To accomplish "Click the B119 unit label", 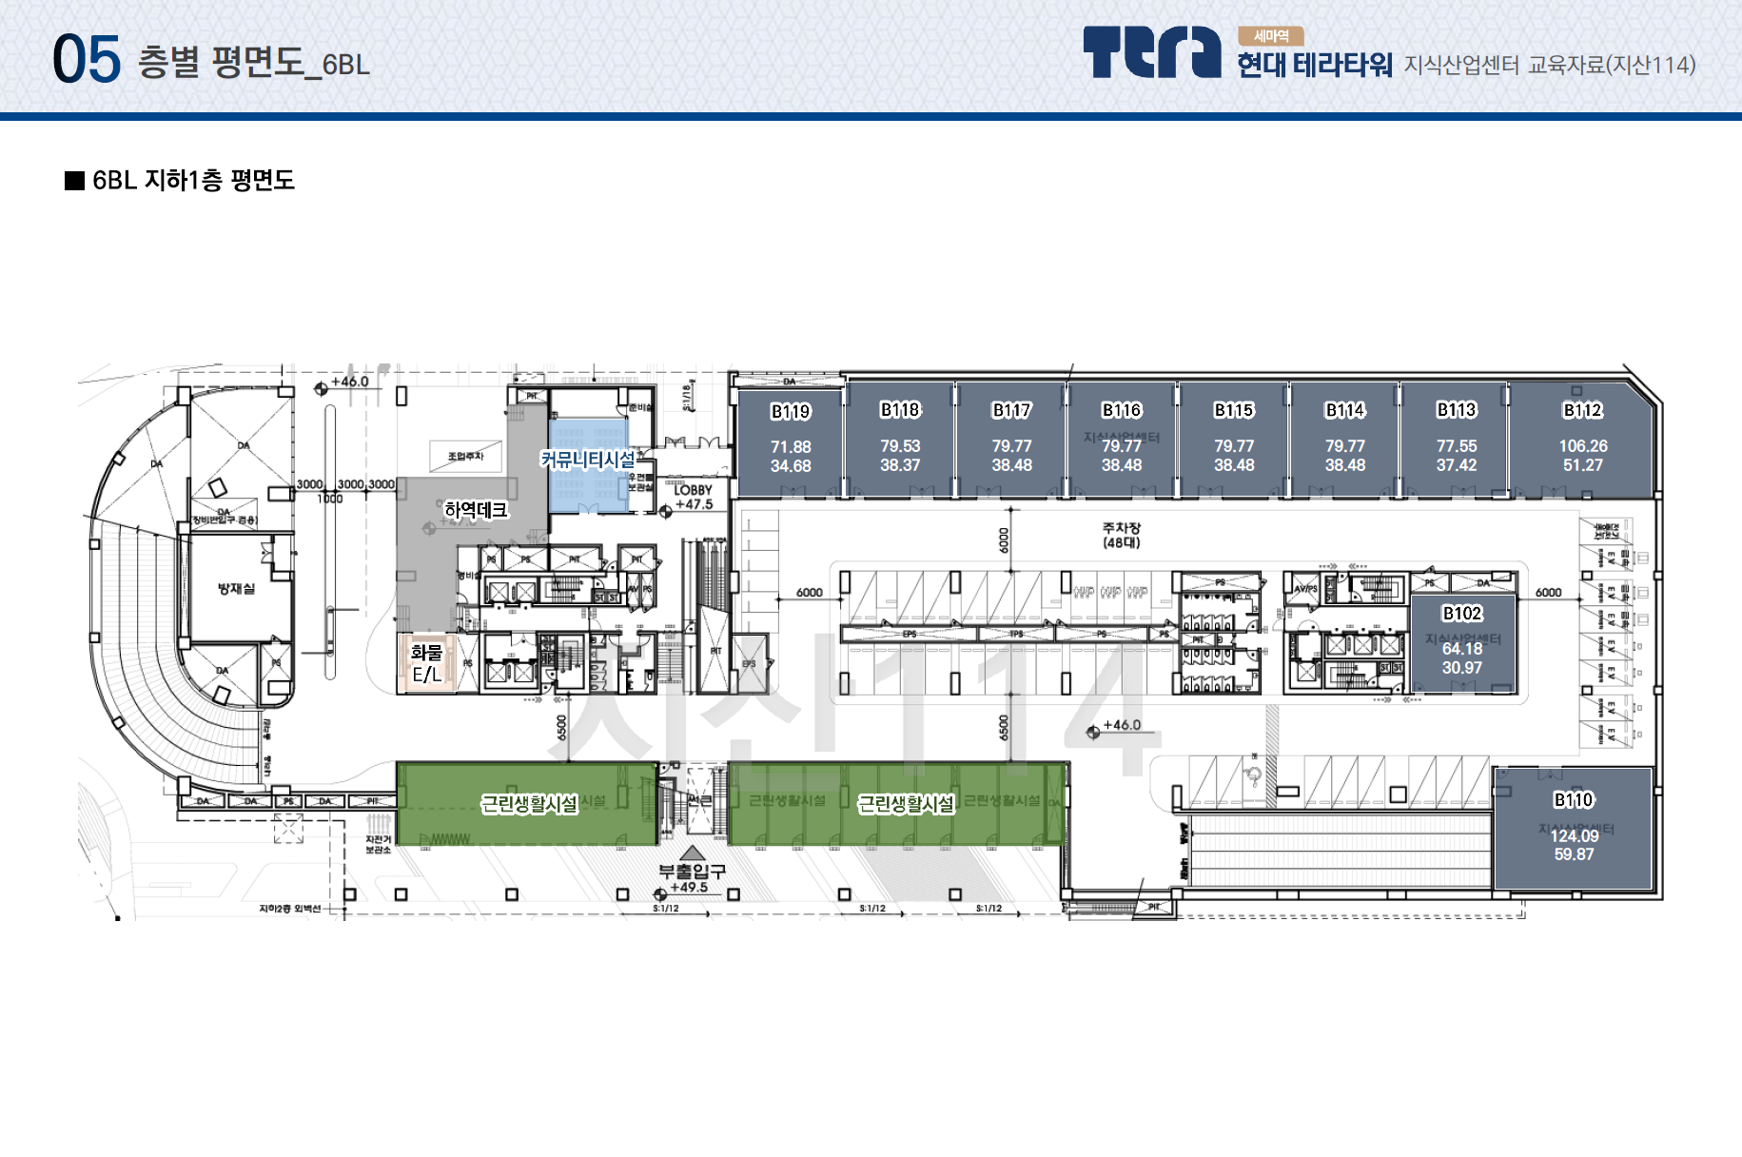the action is [791, 412].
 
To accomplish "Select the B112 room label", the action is [1583, 410].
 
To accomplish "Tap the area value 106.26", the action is [1583, 446].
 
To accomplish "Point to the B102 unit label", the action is [1462, 614].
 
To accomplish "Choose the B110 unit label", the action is [1574, 800].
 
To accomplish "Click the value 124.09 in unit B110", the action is [1575, 836].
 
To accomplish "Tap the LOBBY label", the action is [693, 490].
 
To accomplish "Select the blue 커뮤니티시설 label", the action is [588, 460].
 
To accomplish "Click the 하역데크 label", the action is [476, 510].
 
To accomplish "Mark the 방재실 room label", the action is [236, 589].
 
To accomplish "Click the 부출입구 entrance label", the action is [693, 871].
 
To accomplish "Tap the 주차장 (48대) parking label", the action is [1122, 535].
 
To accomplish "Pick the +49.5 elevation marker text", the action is [689, 888].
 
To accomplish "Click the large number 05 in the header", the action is [87, 59].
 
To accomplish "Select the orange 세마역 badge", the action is [1270, 36].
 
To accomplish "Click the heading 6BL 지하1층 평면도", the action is [193, 181].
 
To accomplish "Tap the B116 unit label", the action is [1122, 410].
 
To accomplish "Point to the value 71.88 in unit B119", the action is [791, 447].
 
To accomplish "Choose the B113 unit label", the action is [1457, 410].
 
